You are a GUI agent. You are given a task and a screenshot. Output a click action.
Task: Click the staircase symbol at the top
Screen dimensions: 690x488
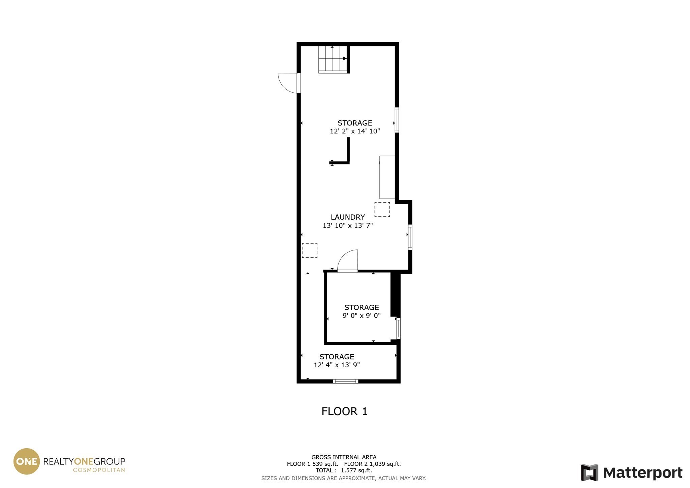(x=333, y=59)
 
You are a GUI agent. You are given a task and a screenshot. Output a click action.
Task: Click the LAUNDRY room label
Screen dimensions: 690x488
(x=348, y=217)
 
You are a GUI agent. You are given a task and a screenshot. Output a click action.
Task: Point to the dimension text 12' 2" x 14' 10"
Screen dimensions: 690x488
(x=355, y=131)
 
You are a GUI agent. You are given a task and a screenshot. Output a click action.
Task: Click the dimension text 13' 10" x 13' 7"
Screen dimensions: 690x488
(x=348, y=225)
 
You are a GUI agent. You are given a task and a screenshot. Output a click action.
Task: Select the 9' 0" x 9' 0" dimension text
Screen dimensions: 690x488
(x=362, y=315)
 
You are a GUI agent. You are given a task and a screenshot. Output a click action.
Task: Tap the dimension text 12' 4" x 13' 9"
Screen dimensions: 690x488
(x=337, y=365)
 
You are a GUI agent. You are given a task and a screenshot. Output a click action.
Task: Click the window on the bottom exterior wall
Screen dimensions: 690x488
(x=345, y=381)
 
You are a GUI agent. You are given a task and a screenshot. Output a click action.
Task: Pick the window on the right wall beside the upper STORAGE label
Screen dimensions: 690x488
(x=397, y=120)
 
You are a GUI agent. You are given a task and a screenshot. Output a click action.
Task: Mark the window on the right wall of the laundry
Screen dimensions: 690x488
(x=410, y=237)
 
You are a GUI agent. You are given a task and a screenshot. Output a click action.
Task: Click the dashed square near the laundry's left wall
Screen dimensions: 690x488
(x=309, y=250)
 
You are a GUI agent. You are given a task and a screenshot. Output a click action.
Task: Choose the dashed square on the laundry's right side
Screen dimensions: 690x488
(x=382, y=209)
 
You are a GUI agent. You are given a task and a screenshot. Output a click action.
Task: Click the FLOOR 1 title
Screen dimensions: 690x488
(x=344, y=411)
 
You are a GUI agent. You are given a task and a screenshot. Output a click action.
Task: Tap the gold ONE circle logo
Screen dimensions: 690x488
(x=26, y=461)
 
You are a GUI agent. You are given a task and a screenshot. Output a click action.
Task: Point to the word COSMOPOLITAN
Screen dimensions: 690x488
(x=99, y=470)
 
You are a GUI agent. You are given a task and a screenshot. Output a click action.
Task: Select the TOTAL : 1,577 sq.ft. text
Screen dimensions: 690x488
(x=344, y=470)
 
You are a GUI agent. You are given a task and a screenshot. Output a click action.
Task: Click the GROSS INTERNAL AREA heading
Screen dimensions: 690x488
(x=344, y=457)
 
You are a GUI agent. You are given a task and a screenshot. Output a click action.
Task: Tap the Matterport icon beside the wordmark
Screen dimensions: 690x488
(x=590, y=472)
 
